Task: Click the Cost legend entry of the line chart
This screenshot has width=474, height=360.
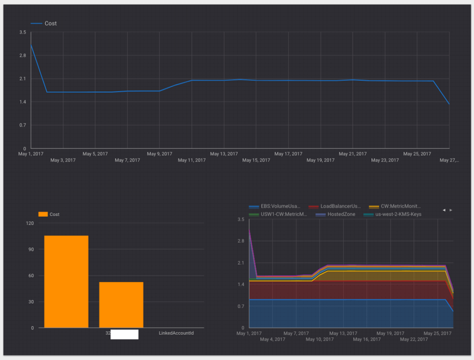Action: point(44,23)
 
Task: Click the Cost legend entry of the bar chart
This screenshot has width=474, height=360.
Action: point(49,214)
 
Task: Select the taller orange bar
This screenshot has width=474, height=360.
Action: point(66,281)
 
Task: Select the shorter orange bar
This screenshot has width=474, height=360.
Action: point(121,305)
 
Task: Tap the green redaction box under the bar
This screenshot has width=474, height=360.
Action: point(124,334)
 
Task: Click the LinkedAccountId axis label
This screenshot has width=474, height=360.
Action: point(176,333)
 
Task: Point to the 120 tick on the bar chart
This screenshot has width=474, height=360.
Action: point(30,223)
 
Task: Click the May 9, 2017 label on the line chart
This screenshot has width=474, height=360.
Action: point(160,154)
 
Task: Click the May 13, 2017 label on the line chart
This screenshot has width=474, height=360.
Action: point(224,154)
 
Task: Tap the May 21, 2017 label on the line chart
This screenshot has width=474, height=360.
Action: point(353,154)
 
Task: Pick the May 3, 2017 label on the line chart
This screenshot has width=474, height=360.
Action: point(63,160)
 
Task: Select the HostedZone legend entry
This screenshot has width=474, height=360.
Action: point(336,214)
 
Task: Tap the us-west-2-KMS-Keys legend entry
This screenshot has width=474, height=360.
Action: point(395,214)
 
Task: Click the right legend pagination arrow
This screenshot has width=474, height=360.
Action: point(451,210)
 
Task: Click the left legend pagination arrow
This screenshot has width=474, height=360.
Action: point(444,210)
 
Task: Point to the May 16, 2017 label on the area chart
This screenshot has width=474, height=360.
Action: point(367,339)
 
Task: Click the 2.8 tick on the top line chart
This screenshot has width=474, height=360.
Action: point(23,55)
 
